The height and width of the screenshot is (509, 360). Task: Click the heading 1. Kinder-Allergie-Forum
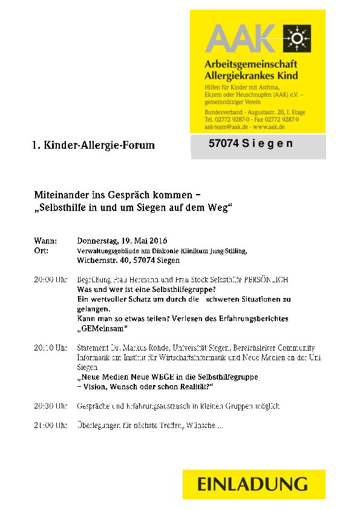(x=94, y=145)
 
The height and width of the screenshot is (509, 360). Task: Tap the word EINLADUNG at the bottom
(x=252, y=484)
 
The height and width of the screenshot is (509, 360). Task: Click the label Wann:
(x=45, y=241)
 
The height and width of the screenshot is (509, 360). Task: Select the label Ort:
(x=42, y=250)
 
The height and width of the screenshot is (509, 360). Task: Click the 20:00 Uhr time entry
(x=50, y=280)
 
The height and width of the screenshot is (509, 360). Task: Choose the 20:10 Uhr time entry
(x=50, y=348)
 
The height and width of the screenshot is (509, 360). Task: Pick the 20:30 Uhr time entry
(x=50, y=406)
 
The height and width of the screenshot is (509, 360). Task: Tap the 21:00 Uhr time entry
(x=50, y=426)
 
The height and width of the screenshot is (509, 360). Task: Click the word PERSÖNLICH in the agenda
(x=266, y=280)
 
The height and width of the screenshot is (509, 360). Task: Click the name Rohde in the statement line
(x=159, y=348)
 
